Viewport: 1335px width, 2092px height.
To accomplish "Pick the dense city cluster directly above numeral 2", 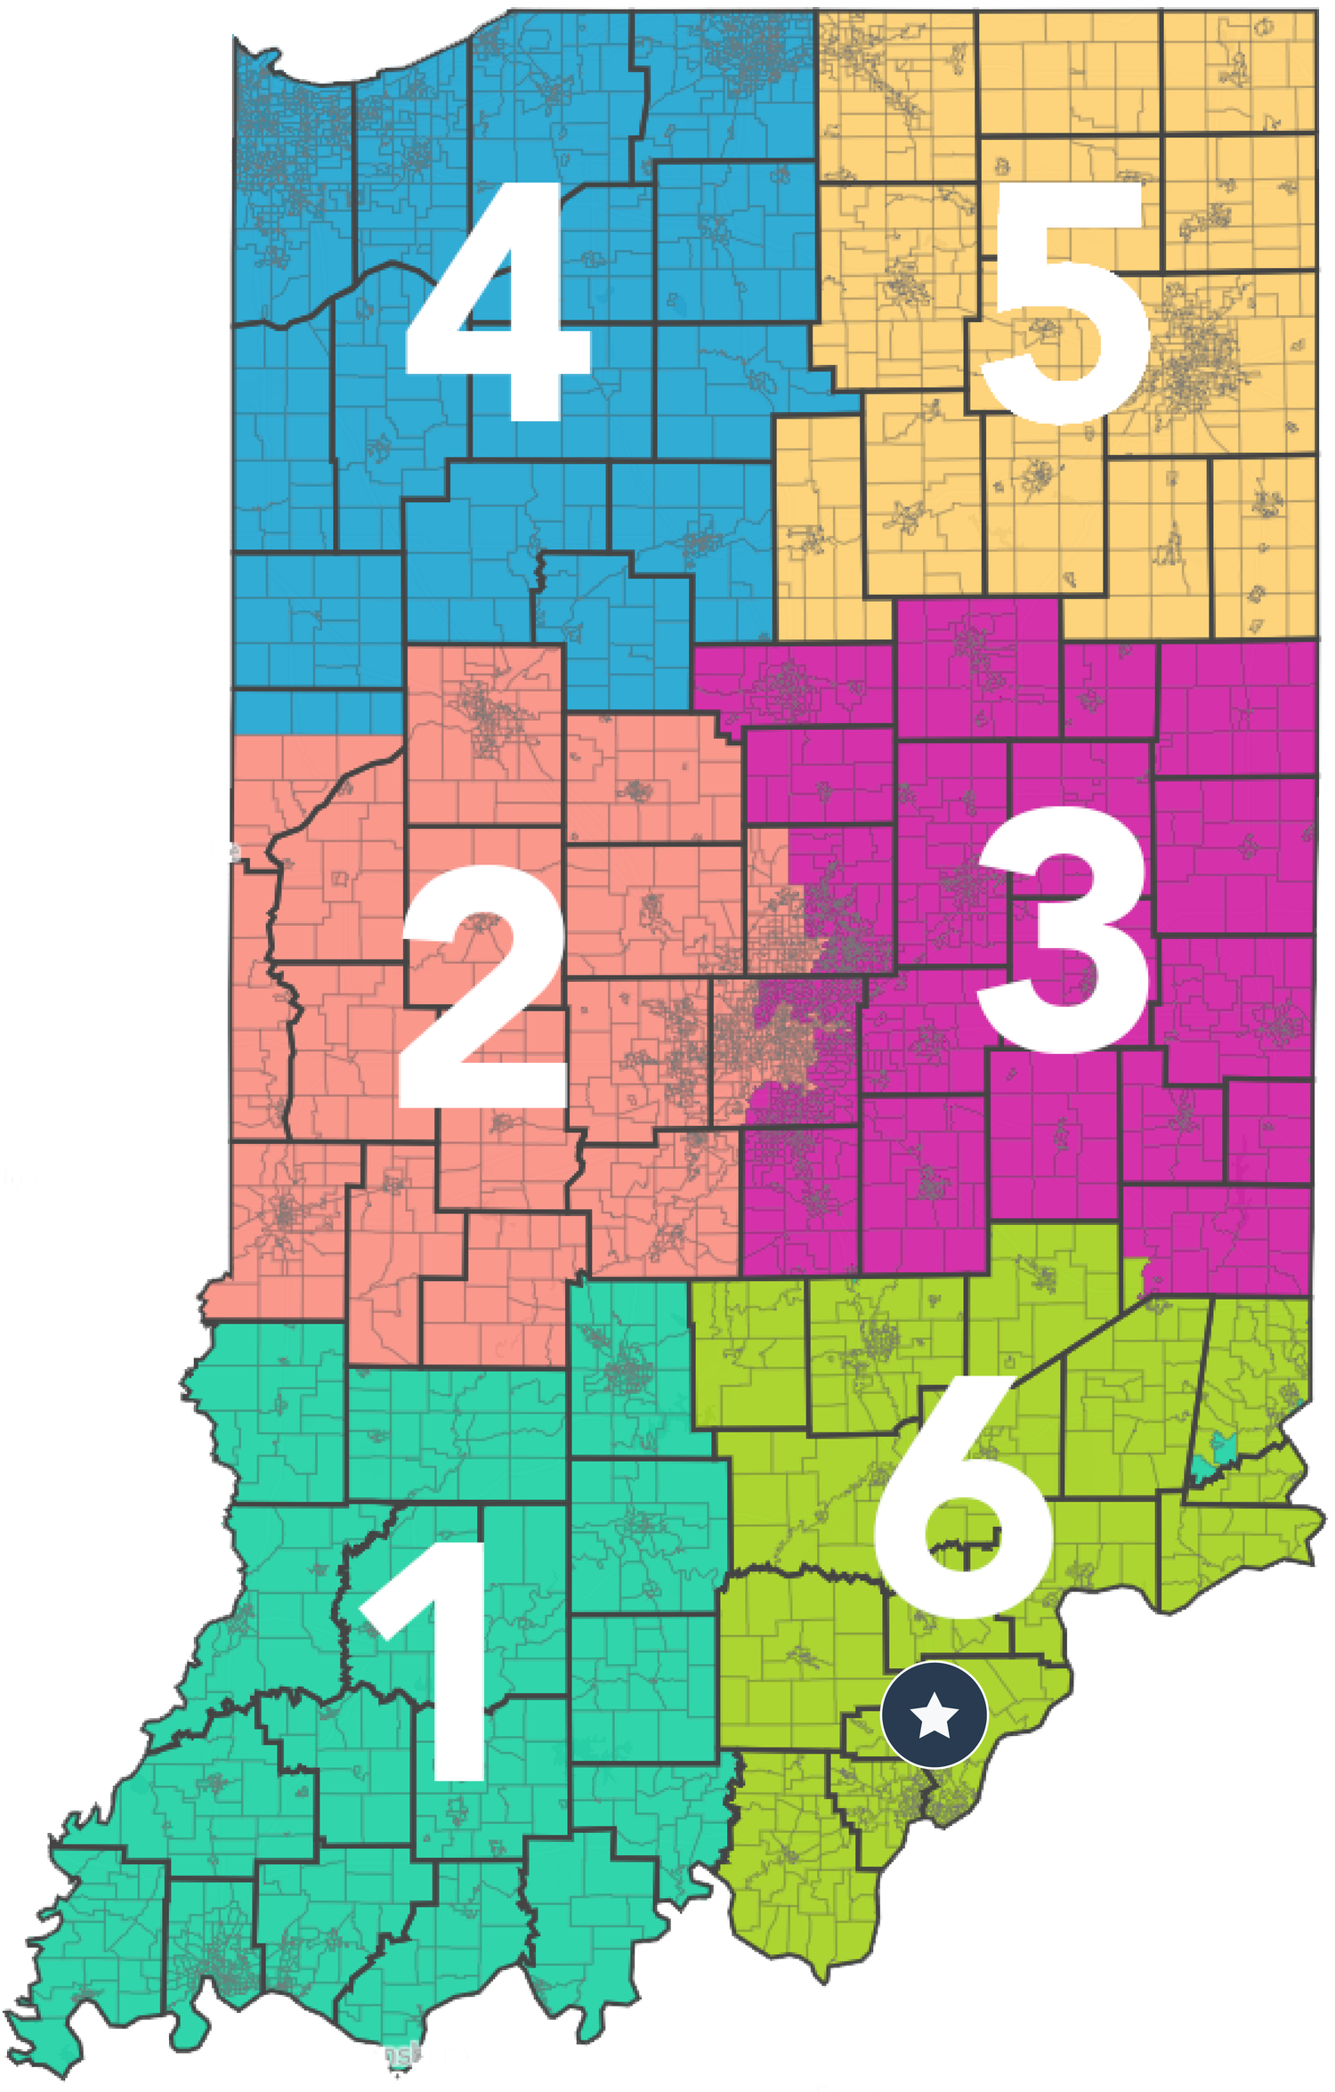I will pos(485,712).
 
